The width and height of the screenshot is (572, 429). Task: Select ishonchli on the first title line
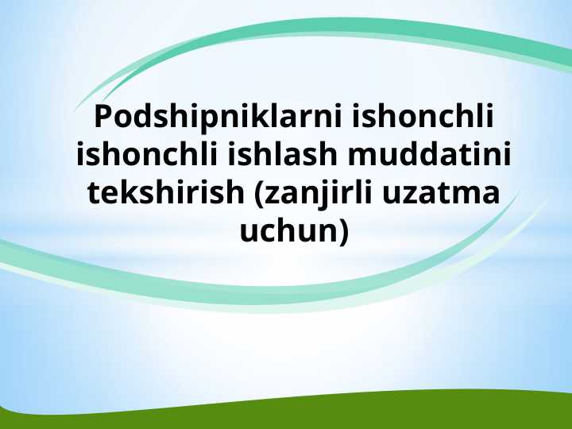(x=422, y=117)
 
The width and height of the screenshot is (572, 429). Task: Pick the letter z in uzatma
(x=413, y=193)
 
